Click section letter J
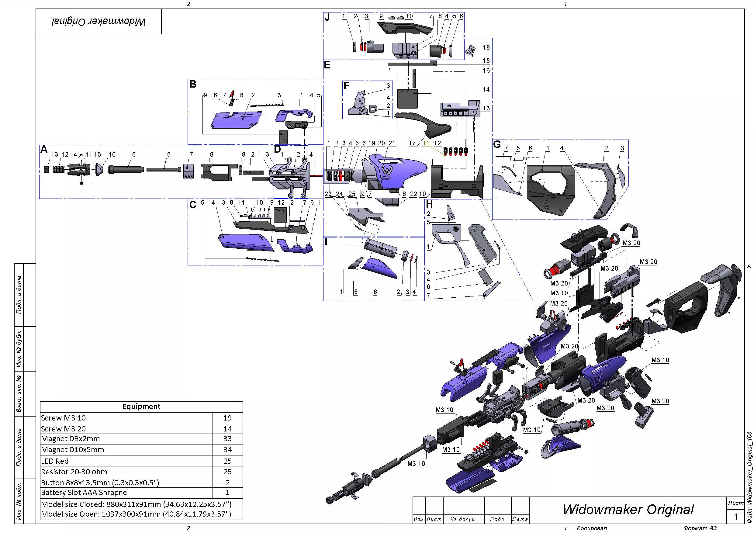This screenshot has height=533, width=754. [x=327, y=17]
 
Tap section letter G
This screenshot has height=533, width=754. [x=497, y=144]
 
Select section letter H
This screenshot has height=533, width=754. [x=429, y=204]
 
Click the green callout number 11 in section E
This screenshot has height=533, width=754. [x=426, y=144]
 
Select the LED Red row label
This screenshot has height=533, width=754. [x=55, y=461]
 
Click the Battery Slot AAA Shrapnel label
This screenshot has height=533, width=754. [x=85, y=493]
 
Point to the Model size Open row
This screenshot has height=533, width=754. [x=136, y=514]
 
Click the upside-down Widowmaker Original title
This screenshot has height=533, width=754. [x=99, y=22]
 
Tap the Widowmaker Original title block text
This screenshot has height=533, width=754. [x=628, y=509]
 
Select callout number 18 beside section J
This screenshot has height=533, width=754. [x=486, y=48]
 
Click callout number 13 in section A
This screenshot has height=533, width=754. [x=54, y=155]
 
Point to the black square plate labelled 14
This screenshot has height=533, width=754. [x=407, y=99]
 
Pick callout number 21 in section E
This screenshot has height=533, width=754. [x=392, y=144]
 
